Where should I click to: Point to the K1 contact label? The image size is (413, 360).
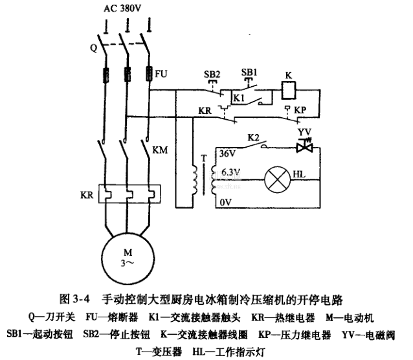[239, 97]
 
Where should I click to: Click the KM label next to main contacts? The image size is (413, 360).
[160, 150]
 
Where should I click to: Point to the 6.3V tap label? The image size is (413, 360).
[230, 172]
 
